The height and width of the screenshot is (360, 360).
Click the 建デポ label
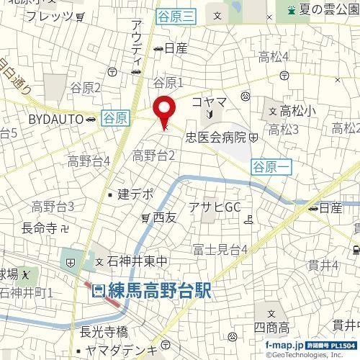point(136,194)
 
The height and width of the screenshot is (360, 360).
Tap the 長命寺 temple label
point(40,228)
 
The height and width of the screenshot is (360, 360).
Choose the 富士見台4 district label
point(220,250)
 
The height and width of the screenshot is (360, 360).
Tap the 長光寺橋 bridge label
point(104,332)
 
